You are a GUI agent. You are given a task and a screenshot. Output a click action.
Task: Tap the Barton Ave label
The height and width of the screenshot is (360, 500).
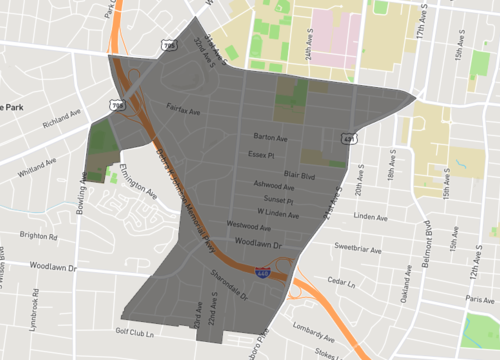tap(270, 138)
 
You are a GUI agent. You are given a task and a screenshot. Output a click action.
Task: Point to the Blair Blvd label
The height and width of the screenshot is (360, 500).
tap(299, 175)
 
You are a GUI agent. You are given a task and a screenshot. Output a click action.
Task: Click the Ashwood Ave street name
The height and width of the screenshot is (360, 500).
tap(274, 185)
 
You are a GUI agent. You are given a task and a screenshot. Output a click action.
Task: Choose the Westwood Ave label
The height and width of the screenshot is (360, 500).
tap(249, 226)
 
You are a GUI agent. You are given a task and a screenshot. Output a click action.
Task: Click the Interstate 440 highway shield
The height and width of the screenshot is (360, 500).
tap(263, 270)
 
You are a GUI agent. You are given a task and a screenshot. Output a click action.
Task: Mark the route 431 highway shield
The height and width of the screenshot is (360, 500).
tap(349, 138)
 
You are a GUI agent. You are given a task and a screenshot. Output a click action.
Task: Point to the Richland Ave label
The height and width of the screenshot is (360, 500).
tap(61, 125)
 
